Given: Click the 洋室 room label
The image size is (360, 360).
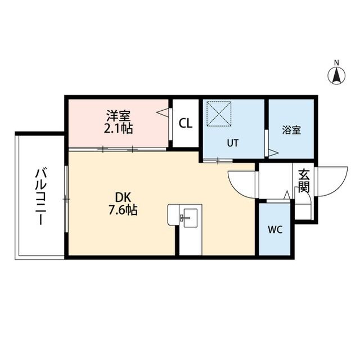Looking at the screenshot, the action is tap(119, 116).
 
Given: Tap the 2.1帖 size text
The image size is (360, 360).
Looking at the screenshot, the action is tap(119, 129).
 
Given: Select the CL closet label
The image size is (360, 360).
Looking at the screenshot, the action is tap(186, 124).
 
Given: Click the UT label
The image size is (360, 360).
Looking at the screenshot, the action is tap(233, 143).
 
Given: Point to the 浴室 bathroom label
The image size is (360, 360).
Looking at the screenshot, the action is tap(291, 130).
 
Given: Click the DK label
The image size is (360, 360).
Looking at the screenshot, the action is tap(123, 197).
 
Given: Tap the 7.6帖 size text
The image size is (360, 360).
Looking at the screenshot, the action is tap(123, 210).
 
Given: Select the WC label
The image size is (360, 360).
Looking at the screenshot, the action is tap(275, 229).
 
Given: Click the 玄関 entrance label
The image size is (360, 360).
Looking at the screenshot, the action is tap(304, 181).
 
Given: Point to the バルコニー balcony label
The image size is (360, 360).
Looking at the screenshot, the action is tap(41, 196).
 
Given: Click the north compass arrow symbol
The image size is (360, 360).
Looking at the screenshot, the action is tap(336, 76).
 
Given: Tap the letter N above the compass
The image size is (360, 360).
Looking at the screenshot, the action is tap(336, 62).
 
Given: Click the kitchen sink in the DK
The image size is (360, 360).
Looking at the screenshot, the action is tap(190, 218).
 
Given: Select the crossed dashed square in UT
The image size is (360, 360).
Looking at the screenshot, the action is tap(219, 114).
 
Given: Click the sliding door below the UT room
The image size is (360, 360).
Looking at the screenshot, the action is tap(218, 160).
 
